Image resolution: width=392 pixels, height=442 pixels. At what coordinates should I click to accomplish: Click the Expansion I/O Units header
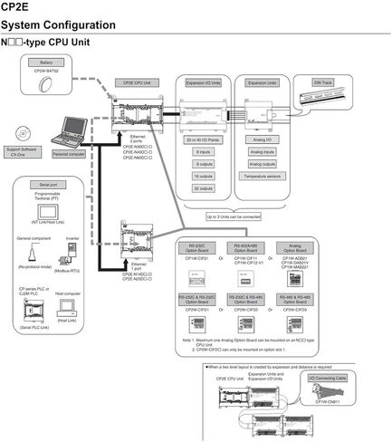[x=205, y=82]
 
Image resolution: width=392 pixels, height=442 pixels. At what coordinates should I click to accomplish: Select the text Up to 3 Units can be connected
[x=233, y=217]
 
